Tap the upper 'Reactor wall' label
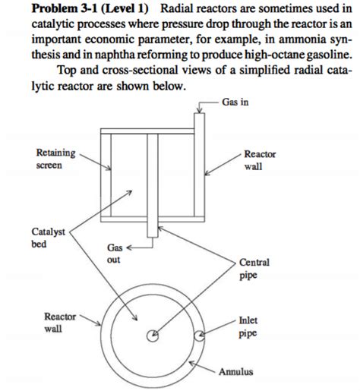coord(261,160)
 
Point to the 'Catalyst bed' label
coord(48,237)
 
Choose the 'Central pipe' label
coord(254,270)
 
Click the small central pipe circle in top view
coord(154,334)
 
